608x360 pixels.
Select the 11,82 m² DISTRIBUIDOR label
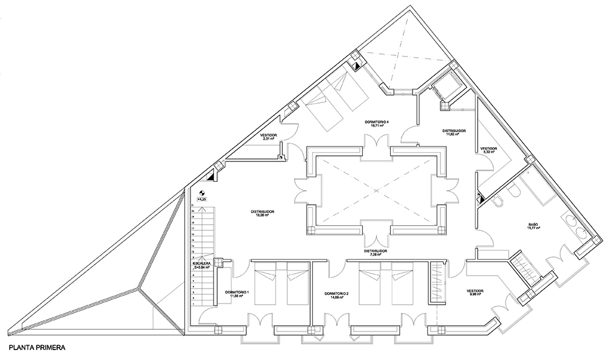click(x=454, y=133)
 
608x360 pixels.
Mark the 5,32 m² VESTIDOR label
click(x=489, y=151)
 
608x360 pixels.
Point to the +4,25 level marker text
click(x=201, y=199)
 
